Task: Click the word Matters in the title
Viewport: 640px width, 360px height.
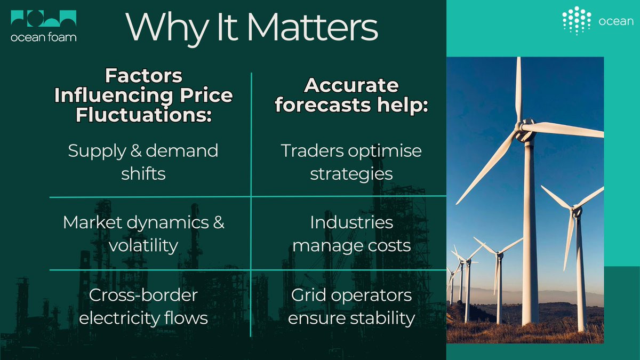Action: (x=313, y=27)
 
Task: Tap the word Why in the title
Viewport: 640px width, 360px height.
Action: (x=166, y=29)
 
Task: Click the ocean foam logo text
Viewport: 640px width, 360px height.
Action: (x=43, y=37)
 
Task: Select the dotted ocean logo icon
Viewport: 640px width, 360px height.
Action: (x=577, y=21)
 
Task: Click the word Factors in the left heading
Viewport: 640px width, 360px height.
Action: (x=143, y=76)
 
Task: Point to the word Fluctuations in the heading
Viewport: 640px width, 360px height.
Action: (x=143, y=115)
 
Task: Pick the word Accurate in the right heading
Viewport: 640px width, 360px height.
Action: (x=351, y=85)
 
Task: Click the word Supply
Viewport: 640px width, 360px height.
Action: (x=97, y=151)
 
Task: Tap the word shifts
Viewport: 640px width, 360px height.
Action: (x=143, y=173)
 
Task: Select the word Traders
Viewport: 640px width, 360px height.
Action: (x=312, y=150)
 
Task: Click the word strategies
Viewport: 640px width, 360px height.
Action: (x=351, y=174)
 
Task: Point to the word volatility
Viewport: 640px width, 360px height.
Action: (x=143, y=246)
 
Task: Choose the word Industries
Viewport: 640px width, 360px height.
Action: (x=351, y=222)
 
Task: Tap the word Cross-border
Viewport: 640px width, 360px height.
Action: (x=143, y=295)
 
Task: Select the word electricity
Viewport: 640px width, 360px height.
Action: (x=118, y=318)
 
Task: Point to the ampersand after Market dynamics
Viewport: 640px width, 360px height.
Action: (x=219, y=222)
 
